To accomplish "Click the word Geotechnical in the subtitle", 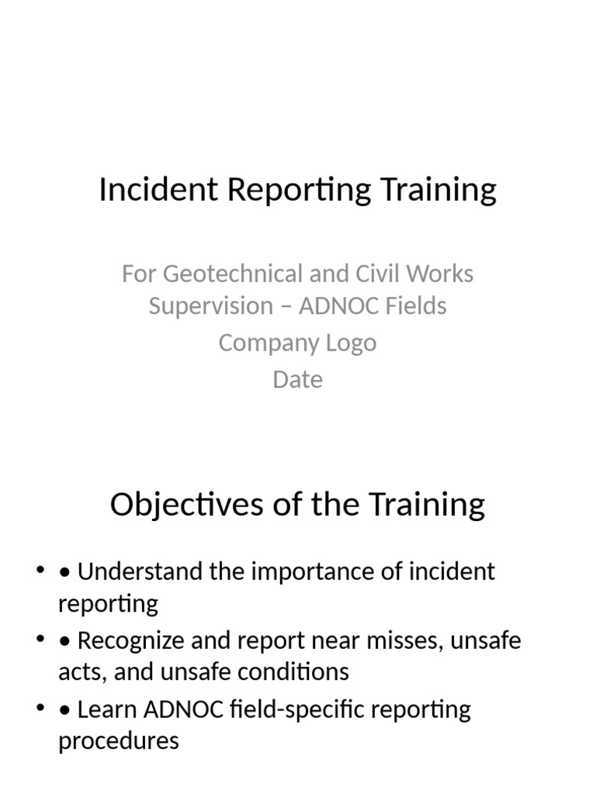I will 234,274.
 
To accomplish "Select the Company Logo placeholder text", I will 297,343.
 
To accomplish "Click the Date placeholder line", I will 297,380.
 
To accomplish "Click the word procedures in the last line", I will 118,741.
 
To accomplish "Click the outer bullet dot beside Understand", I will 40,572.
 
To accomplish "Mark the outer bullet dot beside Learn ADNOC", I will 40,709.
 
